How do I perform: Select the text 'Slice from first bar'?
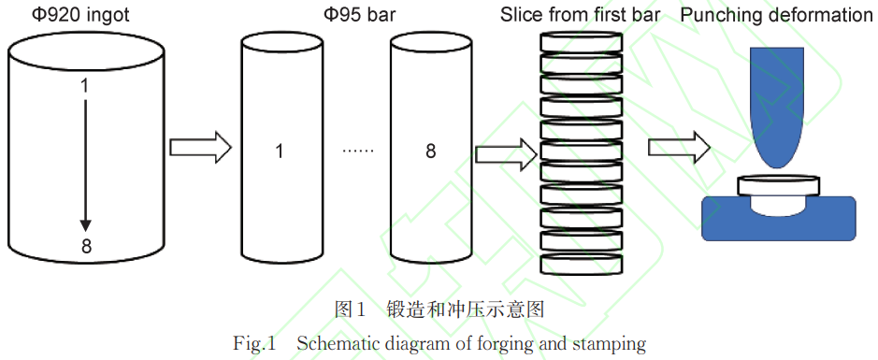(580, 17)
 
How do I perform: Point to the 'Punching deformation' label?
(777, 17)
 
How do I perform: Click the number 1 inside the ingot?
(85, 86)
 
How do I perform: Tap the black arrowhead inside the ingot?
(86, 224)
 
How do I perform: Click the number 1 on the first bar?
(280, 151)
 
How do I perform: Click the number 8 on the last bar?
(430, 151)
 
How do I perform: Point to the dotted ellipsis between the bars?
(358, 151)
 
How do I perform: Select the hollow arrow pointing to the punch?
(679, 147)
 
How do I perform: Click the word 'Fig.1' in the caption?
(254, 344)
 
